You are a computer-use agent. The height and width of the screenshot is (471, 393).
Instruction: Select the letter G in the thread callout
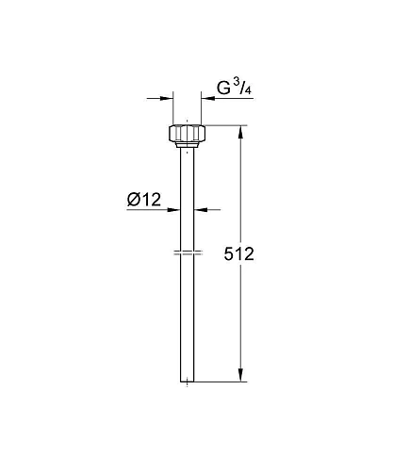pos(224,89)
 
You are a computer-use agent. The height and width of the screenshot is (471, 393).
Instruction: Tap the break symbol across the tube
pos(188,253)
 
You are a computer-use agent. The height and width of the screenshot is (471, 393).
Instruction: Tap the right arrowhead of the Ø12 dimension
pos(200,209)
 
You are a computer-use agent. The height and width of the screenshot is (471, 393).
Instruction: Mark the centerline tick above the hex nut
pos(188,120)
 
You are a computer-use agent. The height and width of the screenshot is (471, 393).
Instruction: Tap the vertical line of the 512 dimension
pos(240,311)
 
